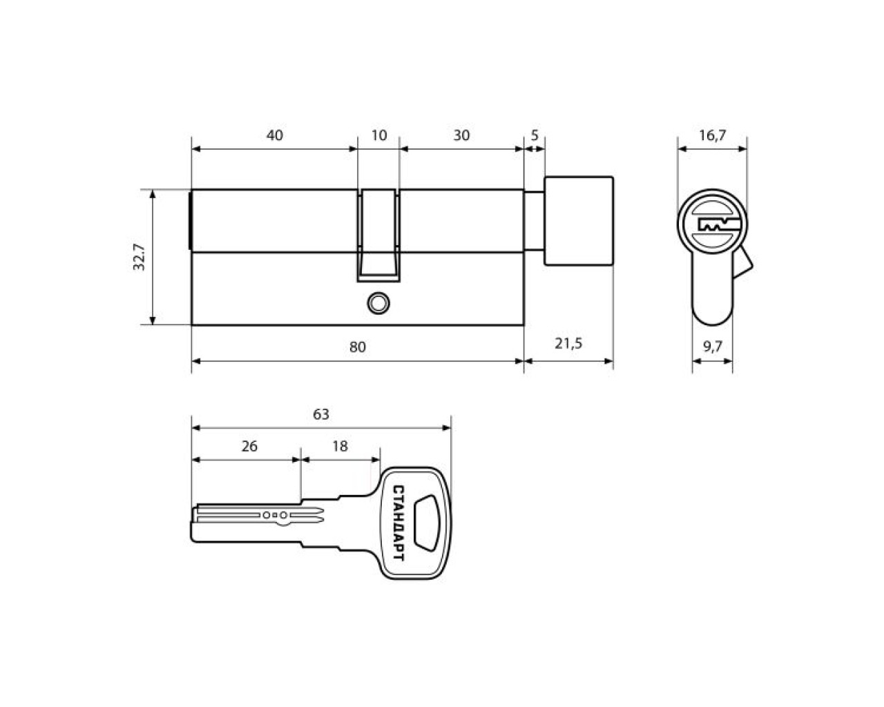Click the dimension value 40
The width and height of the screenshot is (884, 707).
click(274, 135)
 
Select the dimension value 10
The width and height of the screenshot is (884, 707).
click(378, 135)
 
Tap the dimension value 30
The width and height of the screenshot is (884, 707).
click(461, 135)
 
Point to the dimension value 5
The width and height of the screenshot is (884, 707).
click(535, 135)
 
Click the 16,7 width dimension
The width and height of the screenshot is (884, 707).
click(713, 135)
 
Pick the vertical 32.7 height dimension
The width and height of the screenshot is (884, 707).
click(140, 257)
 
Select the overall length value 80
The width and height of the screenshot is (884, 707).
click(357, 347)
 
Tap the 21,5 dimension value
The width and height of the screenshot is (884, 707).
click(568, 343)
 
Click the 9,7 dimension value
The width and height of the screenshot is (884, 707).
click(713, 347)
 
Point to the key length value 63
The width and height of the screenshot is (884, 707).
click(321, 414)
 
